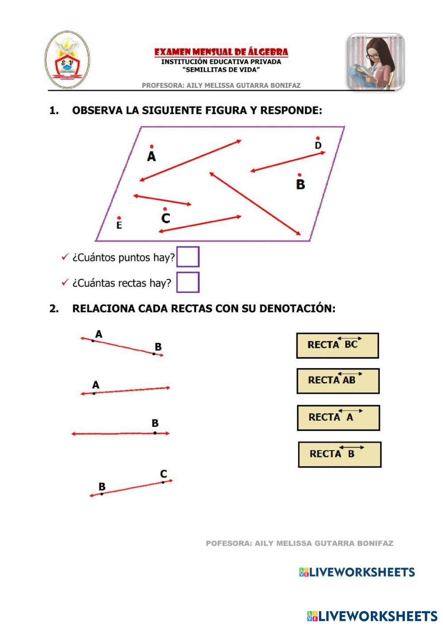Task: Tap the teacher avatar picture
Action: (x=376, y=61)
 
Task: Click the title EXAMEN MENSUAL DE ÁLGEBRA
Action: (x=221, y=52)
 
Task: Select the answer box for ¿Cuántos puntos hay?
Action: (x=188, y=257)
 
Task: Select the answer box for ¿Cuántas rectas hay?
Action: (x=188, y=282)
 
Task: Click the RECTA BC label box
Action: (x=337, y=345)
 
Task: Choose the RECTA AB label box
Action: (x=338, y=381)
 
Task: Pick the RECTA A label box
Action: (x=338, y=418)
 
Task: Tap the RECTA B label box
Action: (x=339, y=454)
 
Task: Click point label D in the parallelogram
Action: (x=318, y=145)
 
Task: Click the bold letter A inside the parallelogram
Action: (x=152, y=157)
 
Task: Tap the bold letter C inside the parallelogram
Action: (x=166, y=218)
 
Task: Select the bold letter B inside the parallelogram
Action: (x=300, y=184)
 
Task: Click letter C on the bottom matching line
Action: (x=163, y=474)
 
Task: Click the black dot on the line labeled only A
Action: (x=94, y=393)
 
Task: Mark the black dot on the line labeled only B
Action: (x=155, y=433)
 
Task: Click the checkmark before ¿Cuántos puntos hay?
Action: (x=65, y=257)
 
